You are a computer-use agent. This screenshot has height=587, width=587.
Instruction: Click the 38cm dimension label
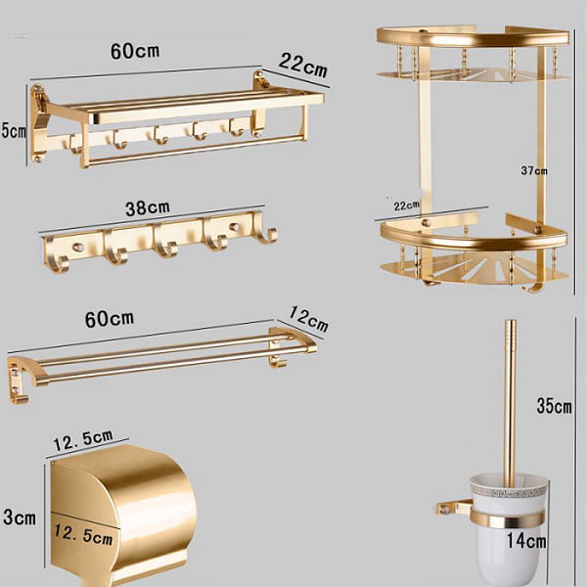(x=148, y=208)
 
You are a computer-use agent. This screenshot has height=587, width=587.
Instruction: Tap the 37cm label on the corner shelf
(x=534, y=171)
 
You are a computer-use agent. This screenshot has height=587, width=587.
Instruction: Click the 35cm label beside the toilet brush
(x=554, y=406)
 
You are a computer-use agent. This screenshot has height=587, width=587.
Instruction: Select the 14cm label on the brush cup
(x=526, y=541)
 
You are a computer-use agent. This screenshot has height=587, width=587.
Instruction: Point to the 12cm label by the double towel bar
(x=308, y=319)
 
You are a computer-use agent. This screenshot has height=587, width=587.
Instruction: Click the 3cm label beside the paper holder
(x=20, y=517)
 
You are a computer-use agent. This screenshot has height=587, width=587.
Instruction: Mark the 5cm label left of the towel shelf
(x=14, y=131)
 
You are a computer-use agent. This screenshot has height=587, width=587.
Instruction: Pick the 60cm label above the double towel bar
(x=110, y=319)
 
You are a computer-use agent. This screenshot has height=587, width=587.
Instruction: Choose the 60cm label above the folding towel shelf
(x=135, y=51)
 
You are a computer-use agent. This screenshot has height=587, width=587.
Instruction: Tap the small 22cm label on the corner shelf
(x=407, y=205)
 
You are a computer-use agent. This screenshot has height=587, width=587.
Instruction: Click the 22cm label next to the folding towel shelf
(x=303, y=66)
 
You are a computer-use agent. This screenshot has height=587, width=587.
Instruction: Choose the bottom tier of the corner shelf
(x=474, y=250)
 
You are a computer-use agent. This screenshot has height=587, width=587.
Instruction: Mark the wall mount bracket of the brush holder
(x=455, y=507)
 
